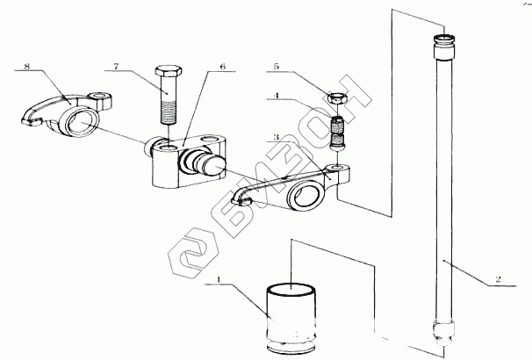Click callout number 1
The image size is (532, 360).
tap(219, 279)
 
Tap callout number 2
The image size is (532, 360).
tap(498, 279)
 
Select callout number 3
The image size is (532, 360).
tap(277, 137)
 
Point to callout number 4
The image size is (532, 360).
tap(277, 96)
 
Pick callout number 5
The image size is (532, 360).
tap(277, 66)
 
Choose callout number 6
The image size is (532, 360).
tap(222, 66)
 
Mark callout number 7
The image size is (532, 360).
tap(117, 66)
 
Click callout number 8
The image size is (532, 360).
tap(27, 66)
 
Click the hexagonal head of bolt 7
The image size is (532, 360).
tap(169, 70)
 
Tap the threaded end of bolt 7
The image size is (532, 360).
tap(169, 113)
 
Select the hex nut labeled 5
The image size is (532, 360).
tap(338, 98)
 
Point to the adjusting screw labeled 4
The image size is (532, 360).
tap(338, 133)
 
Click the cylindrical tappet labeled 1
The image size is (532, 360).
tap(291, 318)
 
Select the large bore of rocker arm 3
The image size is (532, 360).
tap(306, 195)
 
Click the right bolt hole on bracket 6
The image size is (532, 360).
tap(208, 139)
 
